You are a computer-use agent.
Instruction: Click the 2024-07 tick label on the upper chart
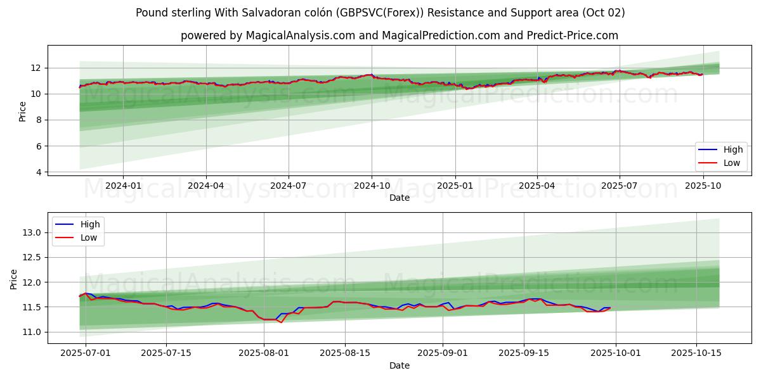pyautogui.click(x=289, y=186)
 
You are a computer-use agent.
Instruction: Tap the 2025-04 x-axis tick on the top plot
pyautogui.click(x=537, y=186)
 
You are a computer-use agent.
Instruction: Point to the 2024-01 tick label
pyautogui.click(x=123, y=186)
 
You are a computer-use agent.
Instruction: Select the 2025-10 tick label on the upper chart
pyautogui.click(x=703, y=186)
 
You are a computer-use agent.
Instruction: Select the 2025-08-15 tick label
pyautogui.click(x=345, y=353)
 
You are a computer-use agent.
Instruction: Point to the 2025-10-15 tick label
pyautogui.click(x=696, y=353)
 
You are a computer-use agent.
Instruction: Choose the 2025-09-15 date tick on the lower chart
pyautogui.click(x=524, y=353)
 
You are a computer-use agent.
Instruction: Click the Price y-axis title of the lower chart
pyautogui.click(x=14, y=279)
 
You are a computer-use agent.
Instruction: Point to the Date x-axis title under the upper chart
pyautogui.click(x=400, y=198)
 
